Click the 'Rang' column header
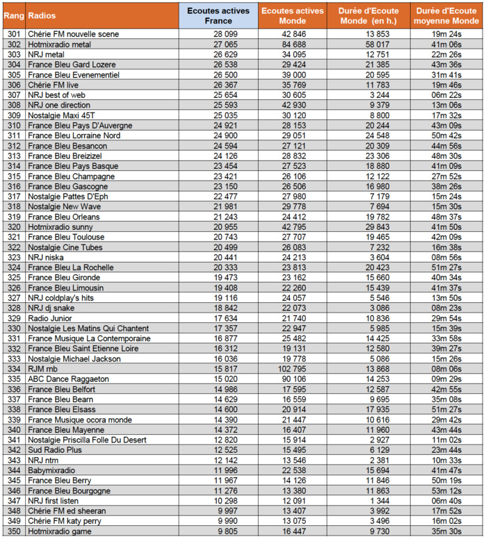(x=13, y=15)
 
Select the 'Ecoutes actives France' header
(x=218, y=15)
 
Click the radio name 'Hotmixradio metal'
(x=60, y=44)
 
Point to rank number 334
(x=13, y=369)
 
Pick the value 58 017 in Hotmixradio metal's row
(x=375, y=44)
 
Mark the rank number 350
(x=13, y=531)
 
